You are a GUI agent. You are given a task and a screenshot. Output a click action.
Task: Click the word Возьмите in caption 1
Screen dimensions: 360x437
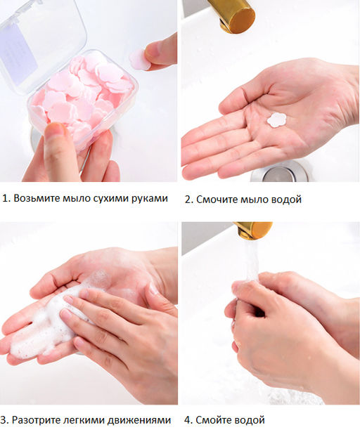coord(37,198)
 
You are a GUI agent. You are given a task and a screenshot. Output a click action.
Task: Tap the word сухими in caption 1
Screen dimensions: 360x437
coord(111,199)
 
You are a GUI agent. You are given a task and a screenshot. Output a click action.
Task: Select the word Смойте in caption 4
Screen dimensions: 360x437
coord(213,419)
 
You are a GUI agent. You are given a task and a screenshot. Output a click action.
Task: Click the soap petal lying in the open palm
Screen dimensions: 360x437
coord(276,120)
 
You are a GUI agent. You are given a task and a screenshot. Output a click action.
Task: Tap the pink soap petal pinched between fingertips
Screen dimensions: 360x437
coord(139,60)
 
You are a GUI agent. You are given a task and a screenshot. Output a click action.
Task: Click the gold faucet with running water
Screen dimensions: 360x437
coord(252,230)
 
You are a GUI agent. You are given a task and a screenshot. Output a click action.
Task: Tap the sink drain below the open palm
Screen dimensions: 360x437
coord(280,171)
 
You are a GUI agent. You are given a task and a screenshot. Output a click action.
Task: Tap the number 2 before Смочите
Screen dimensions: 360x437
coord(188,200)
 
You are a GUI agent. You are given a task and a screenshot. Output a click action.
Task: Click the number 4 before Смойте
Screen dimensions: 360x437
coord(187,419)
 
